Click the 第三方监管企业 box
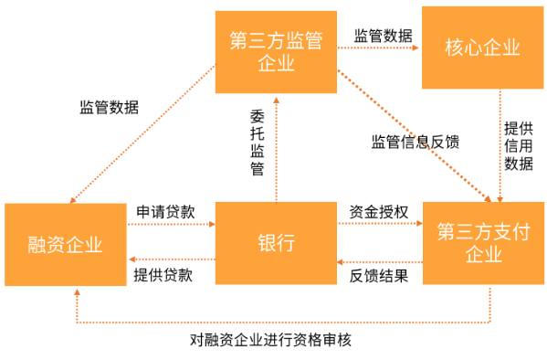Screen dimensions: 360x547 coord(277,51)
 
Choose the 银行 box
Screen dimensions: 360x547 coord(277,244)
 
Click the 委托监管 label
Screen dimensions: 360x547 coord(258,143)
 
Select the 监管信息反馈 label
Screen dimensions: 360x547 coord(415,142)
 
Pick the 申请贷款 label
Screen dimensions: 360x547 coord(164,212)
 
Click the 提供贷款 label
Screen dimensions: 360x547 coord(164,275)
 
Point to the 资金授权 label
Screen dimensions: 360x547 coord(379,212)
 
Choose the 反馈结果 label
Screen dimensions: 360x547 coord(379,275)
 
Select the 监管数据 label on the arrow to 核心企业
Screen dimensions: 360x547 coord(383,37)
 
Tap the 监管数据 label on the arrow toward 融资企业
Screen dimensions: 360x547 coord(109,106)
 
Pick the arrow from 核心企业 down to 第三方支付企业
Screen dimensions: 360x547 coord(500,146)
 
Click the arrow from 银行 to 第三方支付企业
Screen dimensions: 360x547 coord(379,227)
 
